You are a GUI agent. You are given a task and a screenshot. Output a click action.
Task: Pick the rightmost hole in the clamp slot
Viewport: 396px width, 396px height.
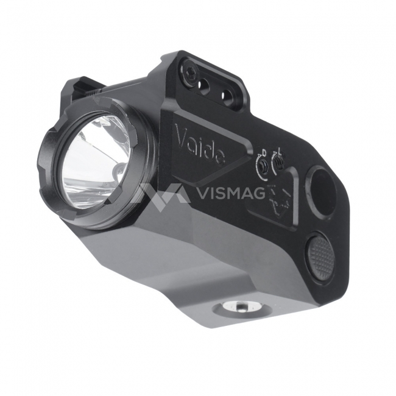226,94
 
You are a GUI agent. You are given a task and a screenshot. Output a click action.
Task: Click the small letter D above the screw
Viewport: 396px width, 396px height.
264,152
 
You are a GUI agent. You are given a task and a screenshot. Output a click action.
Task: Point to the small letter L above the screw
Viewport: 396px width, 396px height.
280,150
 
